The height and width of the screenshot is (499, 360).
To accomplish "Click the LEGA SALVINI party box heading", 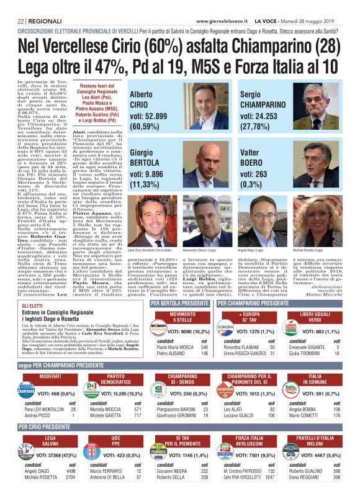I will (x=50, y=441).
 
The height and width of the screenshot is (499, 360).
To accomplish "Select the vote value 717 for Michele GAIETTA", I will (x=137, y=416).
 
